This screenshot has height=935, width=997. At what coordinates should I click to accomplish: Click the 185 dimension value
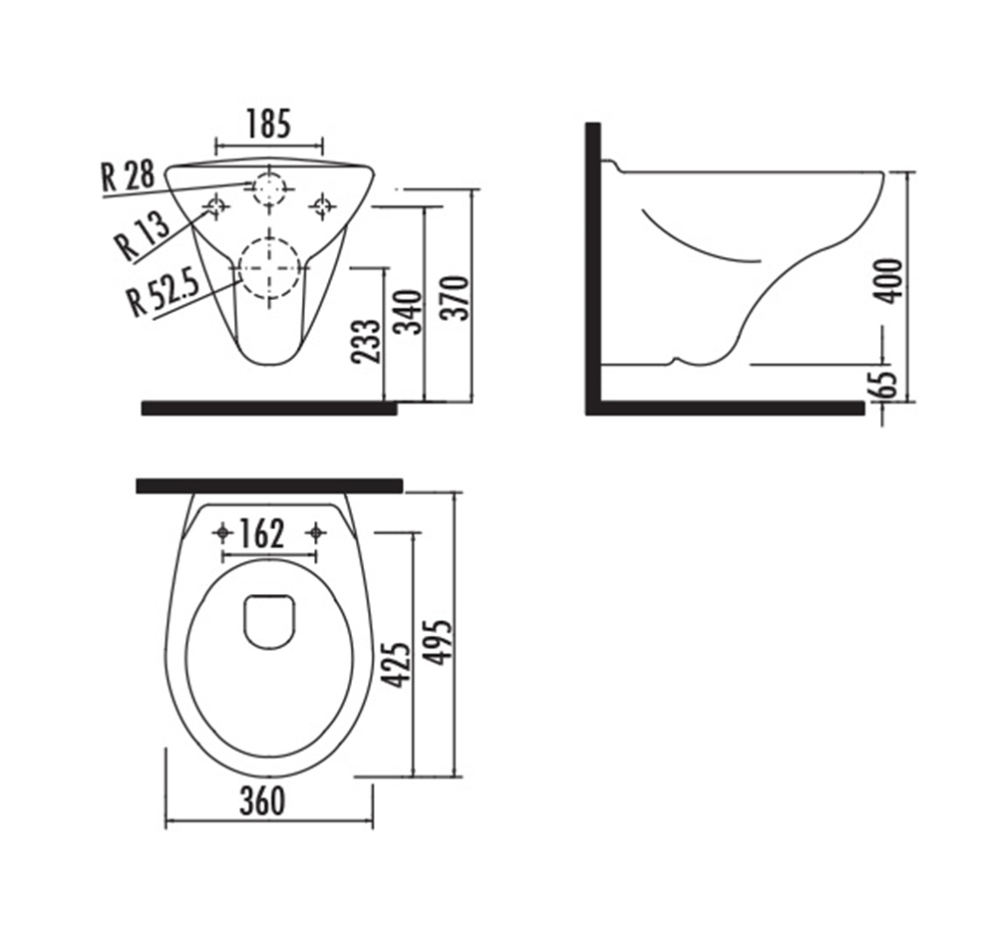[269, 124]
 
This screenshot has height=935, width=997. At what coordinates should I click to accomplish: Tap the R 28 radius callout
[128, 176]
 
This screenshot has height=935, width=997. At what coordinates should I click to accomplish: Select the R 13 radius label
[143, 234]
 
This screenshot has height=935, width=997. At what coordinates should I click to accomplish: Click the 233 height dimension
[366, 341]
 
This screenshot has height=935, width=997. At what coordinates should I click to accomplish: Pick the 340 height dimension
[408, 312]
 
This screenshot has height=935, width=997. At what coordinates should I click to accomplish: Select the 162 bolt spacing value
[261, 534]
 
